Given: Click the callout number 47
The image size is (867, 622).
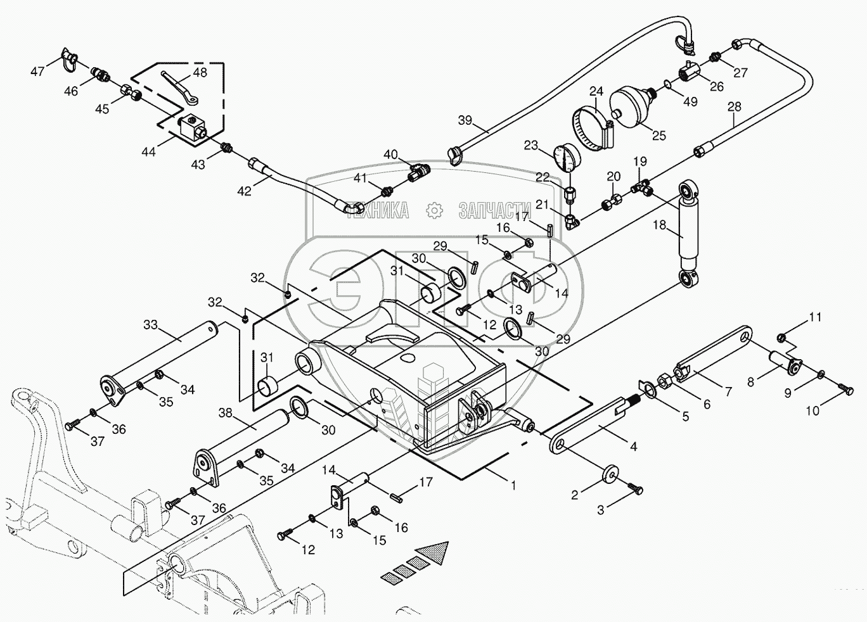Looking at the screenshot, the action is [37, 72].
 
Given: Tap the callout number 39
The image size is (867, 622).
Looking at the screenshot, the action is [465, 120].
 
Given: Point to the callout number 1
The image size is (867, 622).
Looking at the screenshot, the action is [513, 485].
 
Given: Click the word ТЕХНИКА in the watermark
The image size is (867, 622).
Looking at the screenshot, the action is [376, 210].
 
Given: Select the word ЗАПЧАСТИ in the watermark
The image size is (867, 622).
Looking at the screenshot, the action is [494, 210].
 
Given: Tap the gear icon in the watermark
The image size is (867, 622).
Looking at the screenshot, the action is [434, 210].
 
